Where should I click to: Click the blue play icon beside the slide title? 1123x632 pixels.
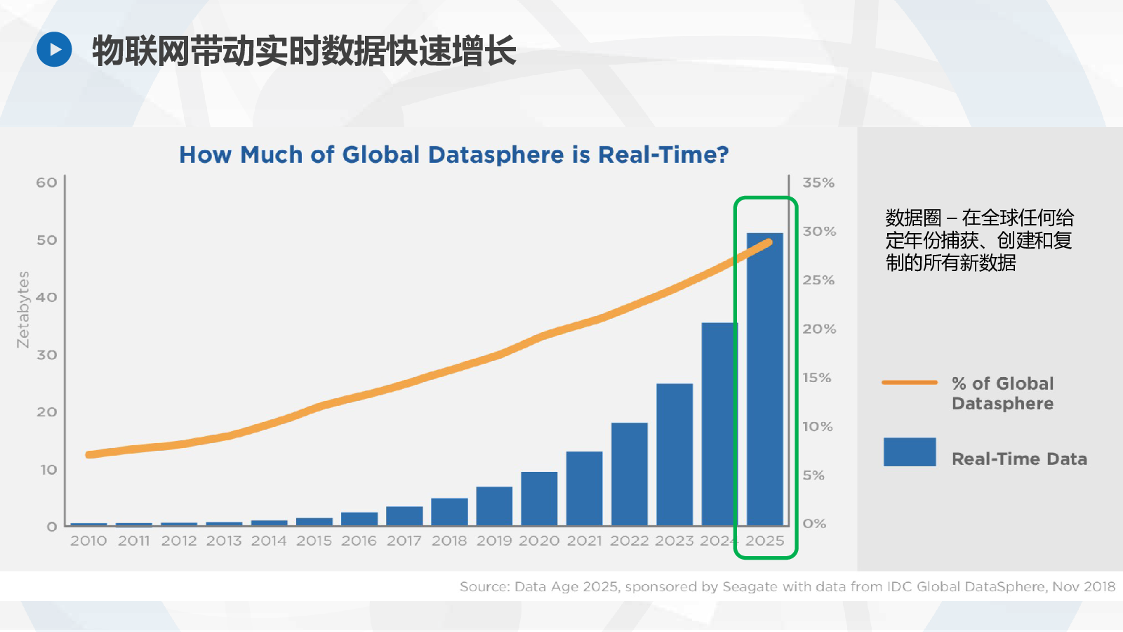54,49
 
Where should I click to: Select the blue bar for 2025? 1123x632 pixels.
764,379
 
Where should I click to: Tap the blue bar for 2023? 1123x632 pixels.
675,454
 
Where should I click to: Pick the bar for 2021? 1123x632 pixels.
584,489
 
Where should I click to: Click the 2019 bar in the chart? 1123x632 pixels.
494,506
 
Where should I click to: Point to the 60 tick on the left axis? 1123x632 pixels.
46,183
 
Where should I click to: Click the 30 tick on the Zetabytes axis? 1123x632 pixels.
46,355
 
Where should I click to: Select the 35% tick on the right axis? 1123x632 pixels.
818,183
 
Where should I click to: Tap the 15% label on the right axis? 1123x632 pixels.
817,377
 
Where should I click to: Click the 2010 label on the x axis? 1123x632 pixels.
88,541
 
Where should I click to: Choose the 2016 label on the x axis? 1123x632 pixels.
359,541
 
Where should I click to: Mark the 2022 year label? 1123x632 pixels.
629,541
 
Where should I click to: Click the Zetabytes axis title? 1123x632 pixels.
23,310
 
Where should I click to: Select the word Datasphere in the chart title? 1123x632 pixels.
496,154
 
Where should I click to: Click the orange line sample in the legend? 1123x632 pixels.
910,382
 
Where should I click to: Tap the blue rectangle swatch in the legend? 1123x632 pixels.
910,452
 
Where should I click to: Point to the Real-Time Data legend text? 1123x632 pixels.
1019,459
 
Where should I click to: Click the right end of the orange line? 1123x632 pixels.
769,243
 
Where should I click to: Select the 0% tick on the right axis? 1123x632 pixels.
814,524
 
